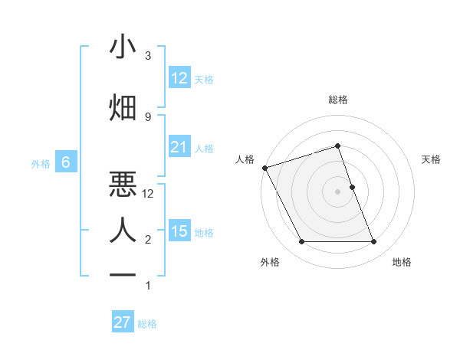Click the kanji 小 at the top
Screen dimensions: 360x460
(123, 47)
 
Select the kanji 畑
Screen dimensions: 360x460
(123, 107)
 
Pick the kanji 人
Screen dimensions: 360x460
(123, 229)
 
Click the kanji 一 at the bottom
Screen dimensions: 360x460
(123, 274)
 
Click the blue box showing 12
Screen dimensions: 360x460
(179, 78)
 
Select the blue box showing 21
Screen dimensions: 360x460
(179, 147)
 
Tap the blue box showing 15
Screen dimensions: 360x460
(179, 231)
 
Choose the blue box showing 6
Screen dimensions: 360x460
(66, 162)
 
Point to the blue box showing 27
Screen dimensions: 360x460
(122, 322)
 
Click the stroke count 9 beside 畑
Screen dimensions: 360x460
(148, 116)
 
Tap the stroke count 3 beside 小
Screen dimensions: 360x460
(148, 56)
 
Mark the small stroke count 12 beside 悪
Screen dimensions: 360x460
(148, 194)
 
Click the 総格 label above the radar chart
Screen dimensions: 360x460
(337, 100)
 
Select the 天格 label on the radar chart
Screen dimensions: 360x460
(431, 159)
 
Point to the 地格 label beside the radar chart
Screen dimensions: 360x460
(402, 262)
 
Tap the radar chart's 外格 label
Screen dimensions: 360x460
(270, 262)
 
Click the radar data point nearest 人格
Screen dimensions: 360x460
(264, 168)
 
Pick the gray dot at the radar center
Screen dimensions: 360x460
(337, 191)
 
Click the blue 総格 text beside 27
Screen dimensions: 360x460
(147, 324)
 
